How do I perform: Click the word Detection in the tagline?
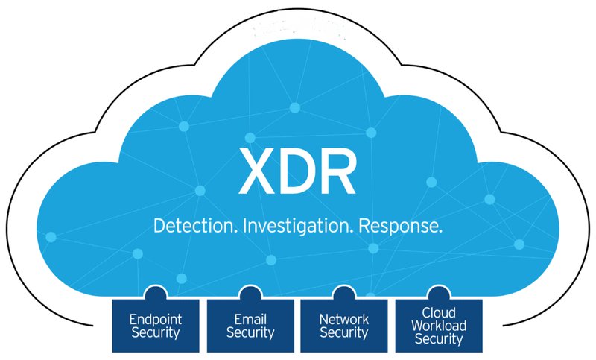[x=194, y=225]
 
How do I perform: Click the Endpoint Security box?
[x=156, y=326]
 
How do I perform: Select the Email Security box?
[x=250, y=326]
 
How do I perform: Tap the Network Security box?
[x=344, y=326]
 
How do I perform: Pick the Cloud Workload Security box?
[x=439, y=326]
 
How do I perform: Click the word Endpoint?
[x=156, y=320]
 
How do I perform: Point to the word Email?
[x=250, y=319]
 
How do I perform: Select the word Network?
[x=344, y=319]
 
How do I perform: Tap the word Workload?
[x=439, y=326]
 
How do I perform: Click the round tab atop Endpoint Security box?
[x=156, y=293]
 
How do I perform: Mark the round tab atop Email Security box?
[x=250, y=293]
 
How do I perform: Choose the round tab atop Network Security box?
[x=344, y=293]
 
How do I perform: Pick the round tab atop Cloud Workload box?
[x=439, y=293]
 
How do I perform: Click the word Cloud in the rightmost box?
[x=439, y=313]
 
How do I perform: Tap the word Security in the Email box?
[x=250, y=333]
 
